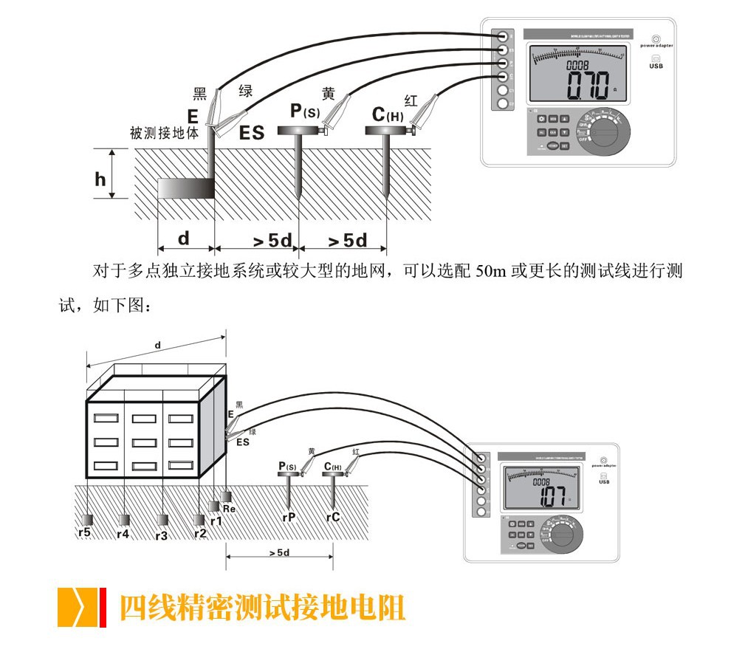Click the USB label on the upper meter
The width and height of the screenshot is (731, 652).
656,66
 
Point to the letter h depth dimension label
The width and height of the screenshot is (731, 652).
100,179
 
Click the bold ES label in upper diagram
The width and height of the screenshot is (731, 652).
252,134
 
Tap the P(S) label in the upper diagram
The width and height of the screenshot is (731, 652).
304,111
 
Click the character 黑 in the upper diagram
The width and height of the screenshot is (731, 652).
199,94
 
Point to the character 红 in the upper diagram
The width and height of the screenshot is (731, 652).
411,100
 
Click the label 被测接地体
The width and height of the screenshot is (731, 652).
164,134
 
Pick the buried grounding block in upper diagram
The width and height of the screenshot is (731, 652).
188,188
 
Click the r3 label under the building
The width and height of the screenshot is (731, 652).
161,535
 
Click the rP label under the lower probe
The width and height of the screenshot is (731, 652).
289,518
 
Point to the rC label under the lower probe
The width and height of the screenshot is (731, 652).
332,518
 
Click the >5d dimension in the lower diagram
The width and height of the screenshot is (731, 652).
278,552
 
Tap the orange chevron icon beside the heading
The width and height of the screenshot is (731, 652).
78,606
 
